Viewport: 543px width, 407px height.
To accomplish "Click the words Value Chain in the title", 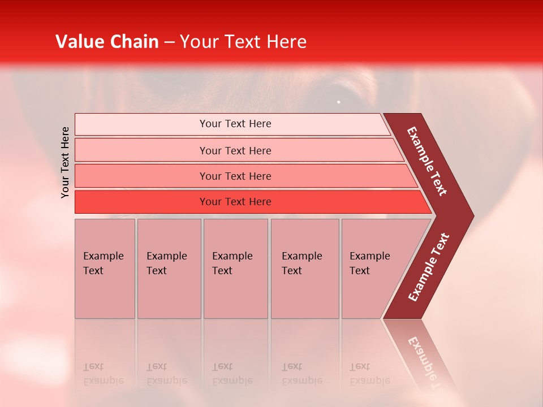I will click(x=107, y=42).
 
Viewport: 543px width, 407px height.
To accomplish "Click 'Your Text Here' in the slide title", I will click(x=243, y=42).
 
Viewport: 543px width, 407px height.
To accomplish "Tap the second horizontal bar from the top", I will click(x=235, y=150).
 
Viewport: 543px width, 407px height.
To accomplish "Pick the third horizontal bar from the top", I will click(x=235, y=176).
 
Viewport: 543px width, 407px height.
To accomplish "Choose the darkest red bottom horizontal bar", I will click(x=235, y=202).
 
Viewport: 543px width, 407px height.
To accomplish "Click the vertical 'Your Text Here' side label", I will click(x=65, y=162).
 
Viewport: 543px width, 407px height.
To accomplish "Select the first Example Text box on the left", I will click(x=105, y=269).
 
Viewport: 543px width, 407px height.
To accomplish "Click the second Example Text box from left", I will click(x=169, y=269).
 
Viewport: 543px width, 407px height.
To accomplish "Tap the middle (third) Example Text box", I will click(x=235, y=269).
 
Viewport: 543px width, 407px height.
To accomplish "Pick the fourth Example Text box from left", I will click(x=304, y=269).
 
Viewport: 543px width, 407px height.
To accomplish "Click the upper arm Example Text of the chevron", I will click(x=427, y=161).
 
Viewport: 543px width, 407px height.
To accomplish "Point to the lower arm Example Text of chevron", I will click(x=429, y=267).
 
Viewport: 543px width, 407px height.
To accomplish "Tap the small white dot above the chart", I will click(x=338, y=102).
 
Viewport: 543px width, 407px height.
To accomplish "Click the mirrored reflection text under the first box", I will click(x=103, y=374).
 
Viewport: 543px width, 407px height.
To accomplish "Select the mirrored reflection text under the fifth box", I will click(x=369, y=374).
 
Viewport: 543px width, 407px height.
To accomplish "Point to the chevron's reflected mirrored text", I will click(x=427, y=362).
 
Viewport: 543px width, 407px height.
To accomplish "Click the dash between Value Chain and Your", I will click(x=169, y=42).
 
